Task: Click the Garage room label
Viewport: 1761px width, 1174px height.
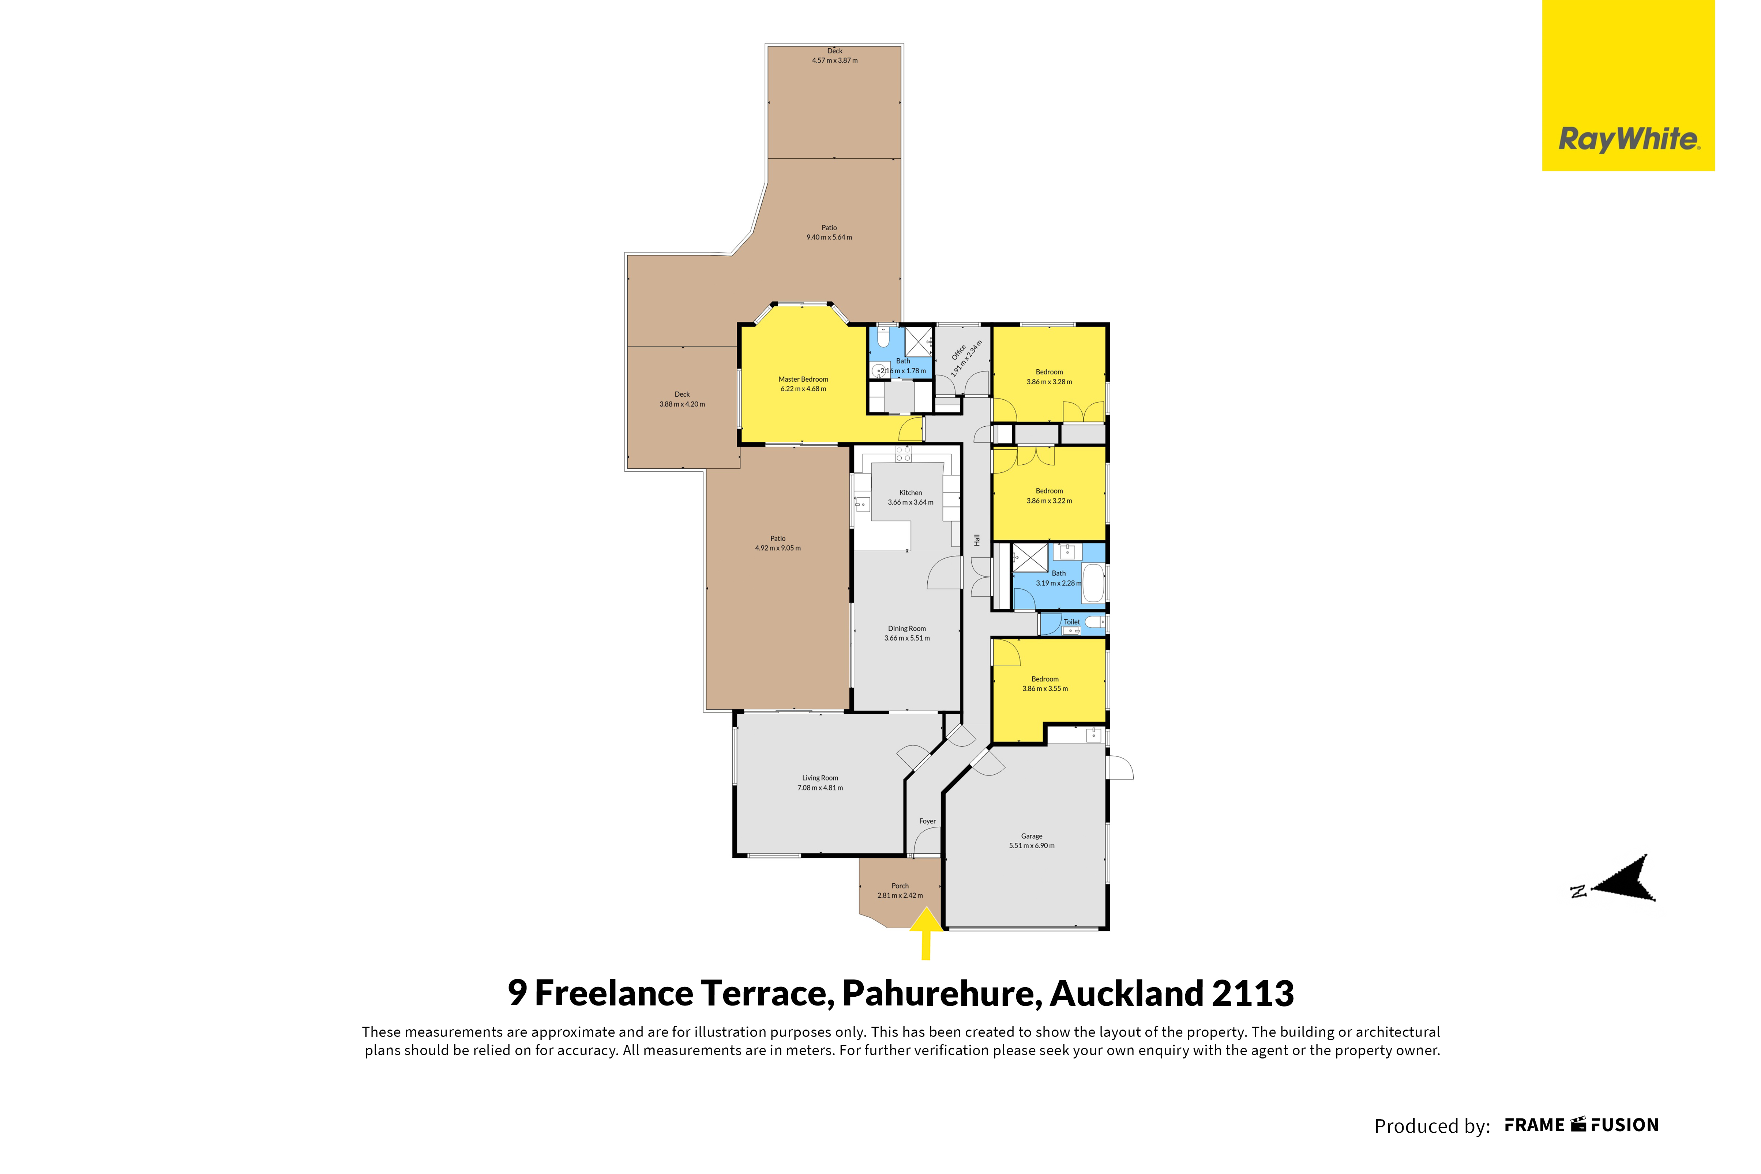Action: tap(1032, 835)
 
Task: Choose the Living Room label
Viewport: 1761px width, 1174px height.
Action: tap(820, 778)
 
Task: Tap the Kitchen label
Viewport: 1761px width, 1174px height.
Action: tap(911, 492)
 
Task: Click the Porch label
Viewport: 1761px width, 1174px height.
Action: tap(900, 886)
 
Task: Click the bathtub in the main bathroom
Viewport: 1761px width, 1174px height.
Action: tap(1094, 583)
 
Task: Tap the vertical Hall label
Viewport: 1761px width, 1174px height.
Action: tap(977, 540)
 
